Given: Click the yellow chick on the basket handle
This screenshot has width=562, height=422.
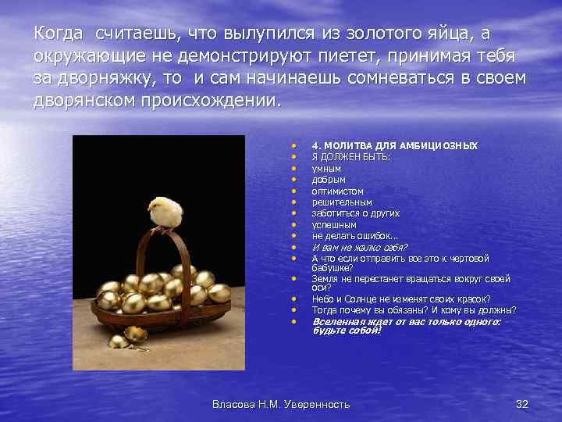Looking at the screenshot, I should (165, 211).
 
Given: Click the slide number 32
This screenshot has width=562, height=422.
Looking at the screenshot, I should (522, 404).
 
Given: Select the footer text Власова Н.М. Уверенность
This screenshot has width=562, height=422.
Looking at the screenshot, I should (281, 404).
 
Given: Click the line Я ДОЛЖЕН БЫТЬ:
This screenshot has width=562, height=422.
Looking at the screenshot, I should (350, 157).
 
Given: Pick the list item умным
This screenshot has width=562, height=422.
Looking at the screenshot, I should (326, 168).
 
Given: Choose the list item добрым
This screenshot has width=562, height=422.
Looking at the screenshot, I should (329, 180).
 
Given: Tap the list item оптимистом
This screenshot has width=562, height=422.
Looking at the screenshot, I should (337, 191).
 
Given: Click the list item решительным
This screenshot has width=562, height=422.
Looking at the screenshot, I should (342, 202).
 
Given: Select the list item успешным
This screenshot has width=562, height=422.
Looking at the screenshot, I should (334, 224).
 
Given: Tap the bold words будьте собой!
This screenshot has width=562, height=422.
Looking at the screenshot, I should (347, 331).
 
